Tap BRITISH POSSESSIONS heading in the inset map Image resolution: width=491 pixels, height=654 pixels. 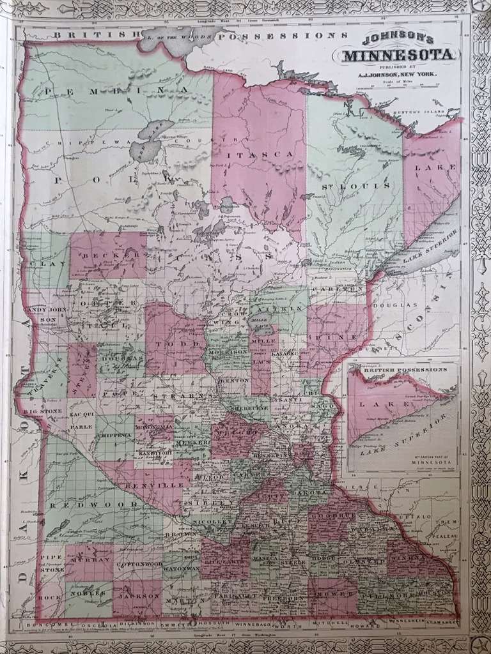click(x=403, y=370)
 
